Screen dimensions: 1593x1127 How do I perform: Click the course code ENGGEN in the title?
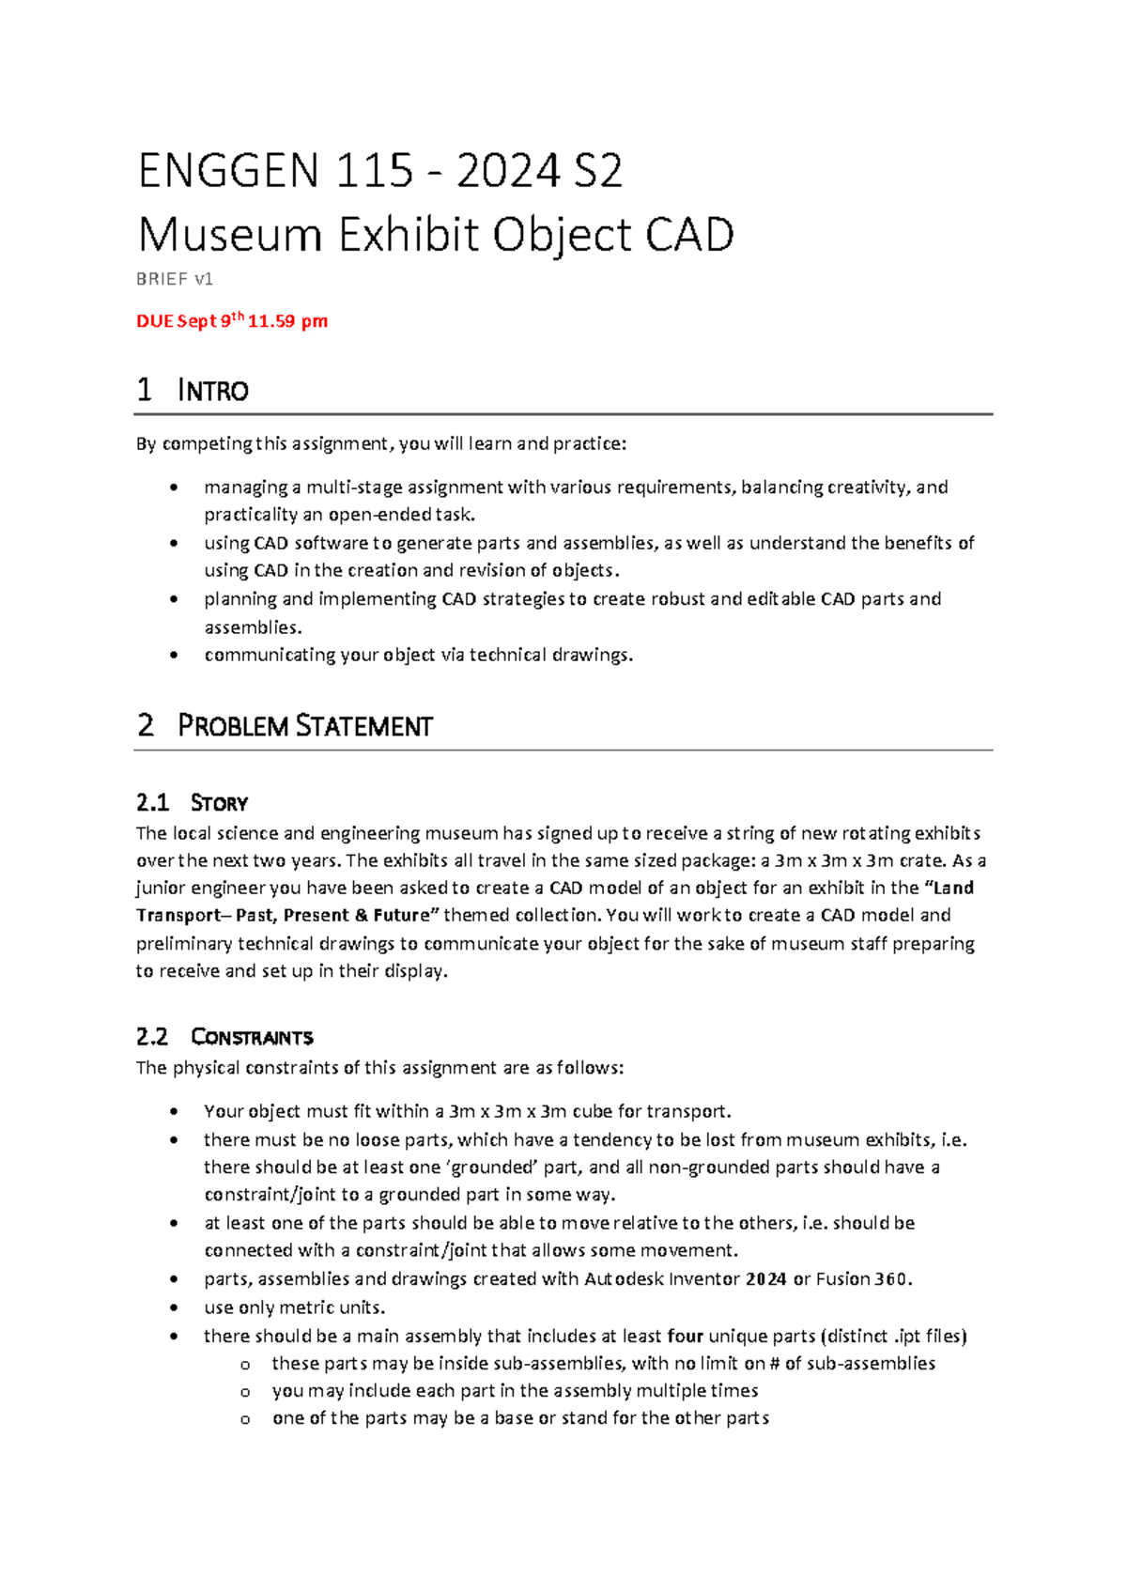click(x=228, y=171)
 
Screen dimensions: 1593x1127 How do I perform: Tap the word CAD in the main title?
click(x=689, y=235)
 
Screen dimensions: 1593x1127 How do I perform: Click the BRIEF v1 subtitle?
click(x=175, y=279)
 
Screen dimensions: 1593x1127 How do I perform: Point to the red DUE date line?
click(x=232, y=321)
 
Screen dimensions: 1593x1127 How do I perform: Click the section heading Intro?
click(x=212, y=390)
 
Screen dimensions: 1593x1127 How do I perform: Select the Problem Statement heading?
click(x=304, y=726)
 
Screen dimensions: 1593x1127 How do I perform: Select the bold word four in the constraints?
click(x=685, y=1336)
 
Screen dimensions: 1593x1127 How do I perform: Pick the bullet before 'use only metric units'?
click(x=174, y=1307)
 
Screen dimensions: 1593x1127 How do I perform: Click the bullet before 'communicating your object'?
click(x=174, y=656)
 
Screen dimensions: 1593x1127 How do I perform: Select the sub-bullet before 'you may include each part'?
click(x=245, y=1392)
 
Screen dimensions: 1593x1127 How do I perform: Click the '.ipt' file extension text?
click(x=903, y=1336)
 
